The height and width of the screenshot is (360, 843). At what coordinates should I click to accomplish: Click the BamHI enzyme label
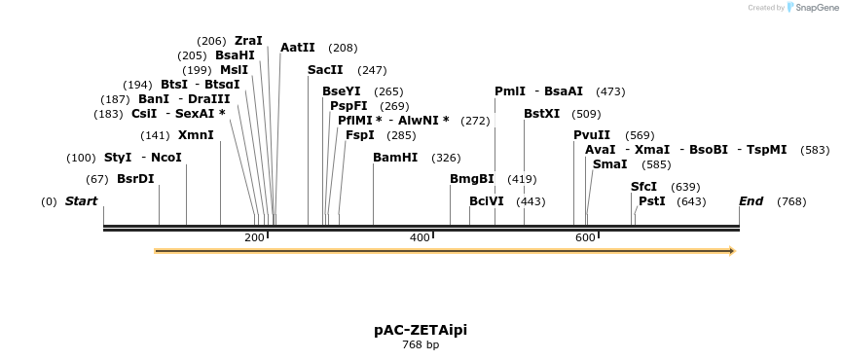click(x=395, y=158)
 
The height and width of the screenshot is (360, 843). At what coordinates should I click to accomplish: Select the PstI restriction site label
click(x=652, y=201)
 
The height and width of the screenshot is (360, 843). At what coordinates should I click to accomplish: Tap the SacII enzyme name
click(x=325, y=70)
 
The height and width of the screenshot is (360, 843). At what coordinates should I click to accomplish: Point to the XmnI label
click(x=196, y=135)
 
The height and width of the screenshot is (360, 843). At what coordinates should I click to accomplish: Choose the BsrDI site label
click(x=135, y=179)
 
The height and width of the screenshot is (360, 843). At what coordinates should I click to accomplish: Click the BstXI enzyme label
click(x=542, y=114)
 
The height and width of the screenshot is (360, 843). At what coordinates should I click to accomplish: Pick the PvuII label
click(x=592, y=135)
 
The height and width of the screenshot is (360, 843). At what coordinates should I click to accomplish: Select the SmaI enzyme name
click(x=609, y=164)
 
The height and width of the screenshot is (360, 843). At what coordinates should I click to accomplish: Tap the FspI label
click(x=360, y=135)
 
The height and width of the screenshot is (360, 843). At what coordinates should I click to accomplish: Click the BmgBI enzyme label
click(x=472, y=179)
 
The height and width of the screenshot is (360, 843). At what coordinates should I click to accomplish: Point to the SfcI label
click(x=644, y=187)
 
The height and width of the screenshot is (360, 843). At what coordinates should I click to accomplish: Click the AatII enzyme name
click(x=298, y=48)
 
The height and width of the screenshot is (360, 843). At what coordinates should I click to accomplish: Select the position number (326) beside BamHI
click(x=446, y=158)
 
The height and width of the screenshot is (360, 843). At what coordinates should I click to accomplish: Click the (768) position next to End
click(x=791, y=201)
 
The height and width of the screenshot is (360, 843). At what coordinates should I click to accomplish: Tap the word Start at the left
click(x=82, y=201)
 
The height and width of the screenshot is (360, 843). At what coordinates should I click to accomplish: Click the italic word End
click(x=751, y=201)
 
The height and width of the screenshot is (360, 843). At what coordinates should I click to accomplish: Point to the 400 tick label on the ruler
click(x=420, y=238)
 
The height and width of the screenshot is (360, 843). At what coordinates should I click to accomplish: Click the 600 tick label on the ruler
click(x=585, y=238)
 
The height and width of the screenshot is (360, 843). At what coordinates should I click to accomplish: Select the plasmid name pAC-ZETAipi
click(x=421, y=330)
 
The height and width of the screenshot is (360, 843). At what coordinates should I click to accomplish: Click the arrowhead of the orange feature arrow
click(x=731, y=251)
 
